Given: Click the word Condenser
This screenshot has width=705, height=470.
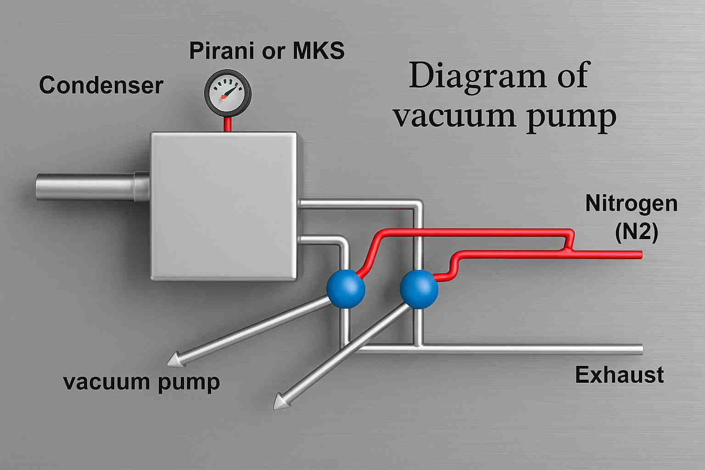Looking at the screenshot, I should (x=101, y=85).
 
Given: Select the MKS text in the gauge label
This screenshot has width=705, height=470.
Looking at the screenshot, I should (x=319, y=50).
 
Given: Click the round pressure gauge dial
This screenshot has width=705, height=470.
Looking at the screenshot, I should (x=228, y=92).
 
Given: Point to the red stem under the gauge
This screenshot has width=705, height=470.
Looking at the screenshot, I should (x=227, y=123).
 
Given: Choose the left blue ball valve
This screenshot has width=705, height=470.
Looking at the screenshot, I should (x=346, y=289).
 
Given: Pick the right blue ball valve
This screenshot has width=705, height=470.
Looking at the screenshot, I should (x=419, y=289).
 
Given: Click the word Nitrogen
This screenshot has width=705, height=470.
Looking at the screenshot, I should (x=631, y=203).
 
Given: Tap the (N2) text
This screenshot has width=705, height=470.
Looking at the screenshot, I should (x=636, y=232).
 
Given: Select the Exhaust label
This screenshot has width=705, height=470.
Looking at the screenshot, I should (x=619, y=375).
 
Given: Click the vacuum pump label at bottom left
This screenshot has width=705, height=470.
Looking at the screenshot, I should (x=141, y=382).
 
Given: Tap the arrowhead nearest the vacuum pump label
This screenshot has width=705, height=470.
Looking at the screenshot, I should (x=174, y=360).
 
